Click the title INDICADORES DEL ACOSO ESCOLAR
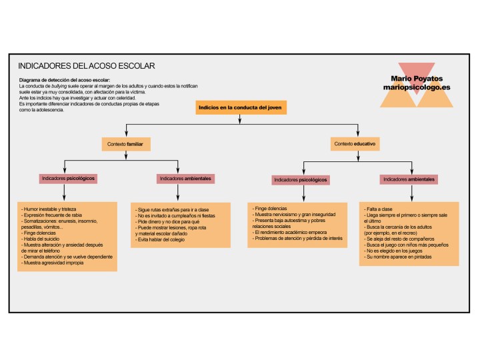pyautogui.click(x=86, y=66)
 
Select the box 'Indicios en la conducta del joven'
pyautogui.click(x=242, y=107)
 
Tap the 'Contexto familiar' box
pyautogui.click(x=127, y=143)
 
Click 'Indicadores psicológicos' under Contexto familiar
pyautogui.click(x=68, y=179)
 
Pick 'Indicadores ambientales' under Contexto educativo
pyautogui.click(x=409, y=179)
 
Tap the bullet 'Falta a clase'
pyautogui.click(x=381, y=209)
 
